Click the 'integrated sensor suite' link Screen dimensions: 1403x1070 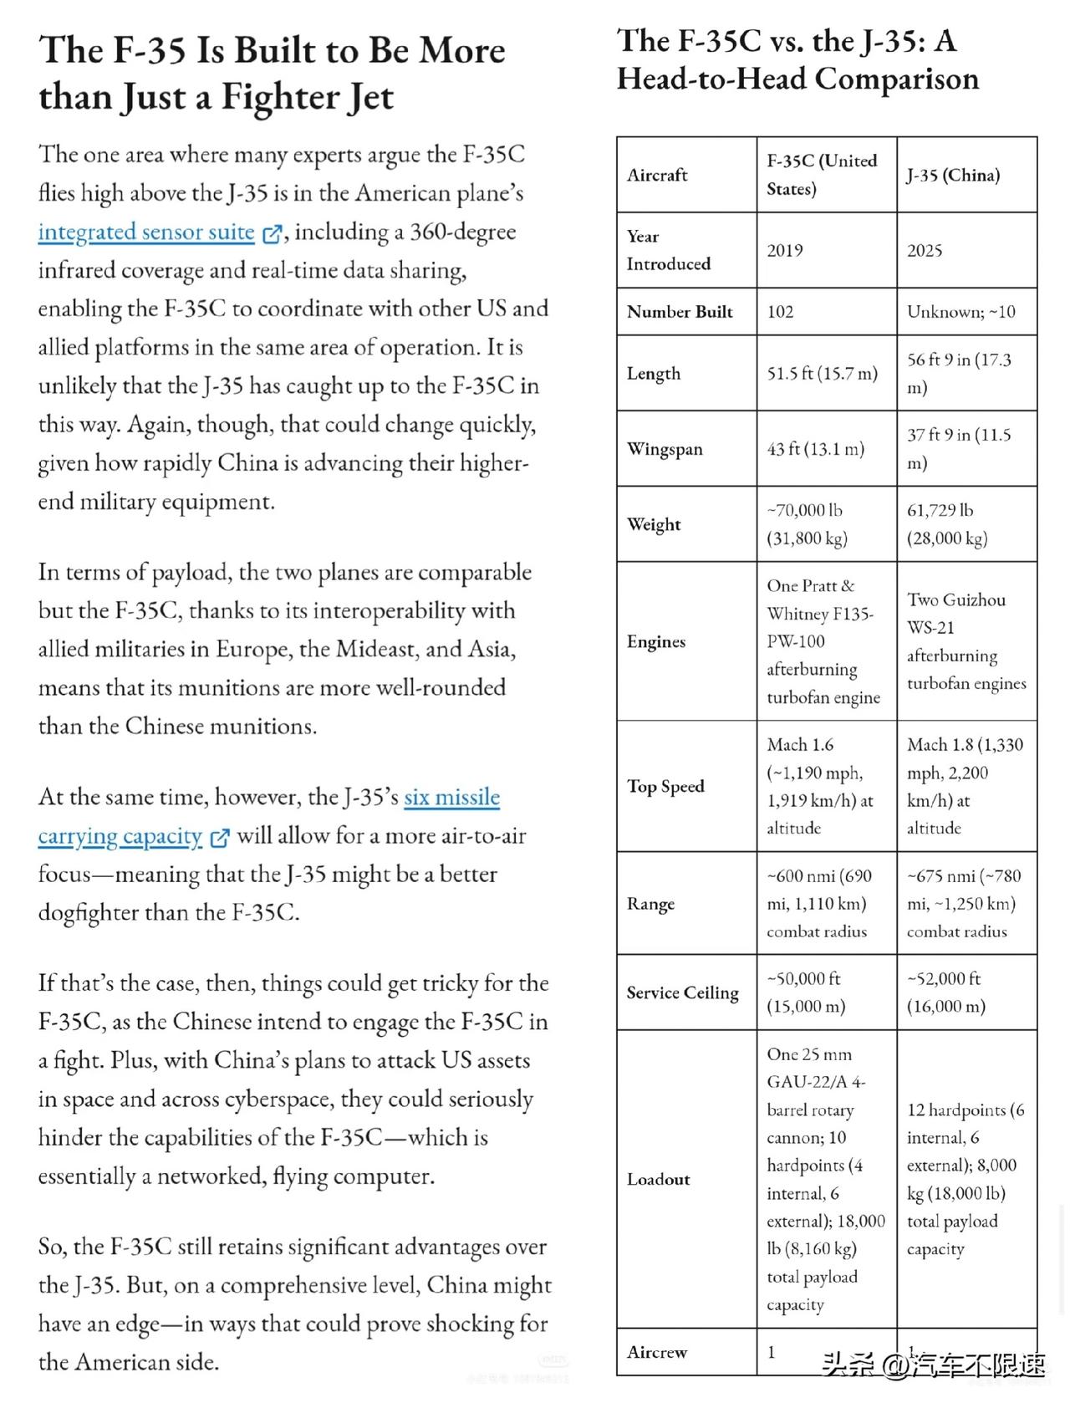[146, 232]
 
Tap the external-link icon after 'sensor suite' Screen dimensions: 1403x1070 [272, 234]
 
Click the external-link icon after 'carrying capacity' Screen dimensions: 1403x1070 [219, 838]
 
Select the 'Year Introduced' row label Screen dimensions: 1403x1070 [668, 250]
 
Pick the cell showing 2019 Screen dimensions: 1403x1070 [784, 251]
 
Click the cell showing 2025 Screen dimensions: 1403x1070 [925, 251]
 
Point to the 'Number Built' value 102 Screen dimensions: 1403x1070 [780, 312]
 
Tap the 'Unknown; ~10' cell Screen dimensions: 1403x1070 [960, 312]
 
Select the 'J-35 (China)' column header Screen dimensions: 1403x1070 [953, 175]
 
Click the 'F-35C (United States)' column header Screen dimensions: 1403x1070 [821, 174]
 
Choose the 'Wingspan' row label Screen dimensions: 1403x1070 [665, 449]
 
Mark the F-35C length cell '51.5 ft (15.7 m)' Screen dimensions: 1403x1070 [822, 373]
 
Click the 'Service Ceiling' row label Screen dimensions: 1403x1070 [682, 992]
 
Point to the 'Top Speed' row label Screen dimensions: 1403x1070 [665, 786]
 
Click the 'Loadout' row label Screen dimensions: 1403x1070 [658, 1179]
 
